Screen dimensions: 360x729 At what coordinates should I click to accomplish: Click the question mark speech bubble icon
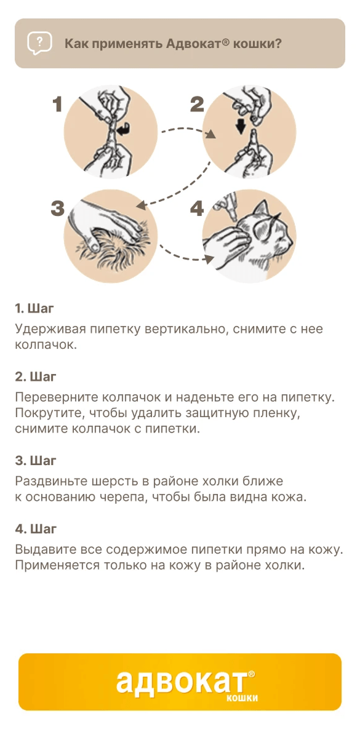[x=39, y=44]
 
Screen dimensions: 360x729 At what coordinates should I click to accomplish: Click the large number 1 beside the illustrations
[x=57, y=104]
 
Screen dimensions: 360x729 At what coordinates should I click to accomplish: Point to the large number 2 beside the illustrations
[x=197, y=104]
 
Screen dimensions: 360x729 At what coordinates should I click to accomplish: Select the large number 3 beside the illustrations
[x=58, y=208]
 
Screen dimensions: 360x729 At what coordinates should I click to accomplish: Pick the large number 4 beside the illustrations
[x=197, y=208]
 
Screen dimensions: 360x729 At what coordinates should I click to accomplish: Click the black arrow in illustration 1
[x=123, y=131]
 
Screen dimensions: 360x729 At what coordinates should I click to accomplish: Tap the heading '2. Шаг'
[x=35, y=376]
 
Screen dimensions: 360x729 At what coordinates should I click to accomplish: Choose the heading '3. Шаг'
[x=35, y=461]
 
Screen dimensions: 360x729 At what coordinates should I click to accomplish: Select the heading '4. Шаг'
[x=36, y=529]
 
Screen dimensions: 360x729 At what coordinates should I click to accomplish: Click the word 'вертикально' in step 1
[x=186, y=329]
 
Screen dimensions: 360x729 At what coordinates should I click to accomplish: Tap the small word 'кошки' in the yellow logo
[x=242, y=698]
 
